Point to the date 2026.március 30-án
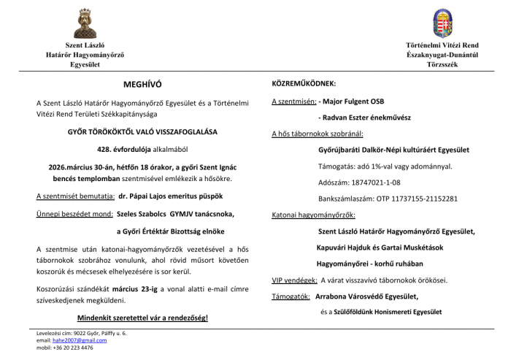pos(77,166)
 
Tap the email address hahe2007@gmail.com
pos(76,340)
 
